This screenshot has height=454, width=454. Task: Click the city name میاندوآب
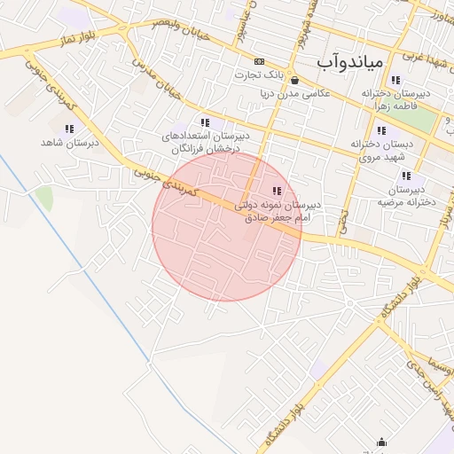coord(350,62)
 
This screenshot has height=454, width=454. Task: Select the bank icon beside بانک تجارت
coord(258,61)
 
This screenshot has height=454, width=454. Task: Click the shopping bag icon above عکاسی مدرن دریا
coord(294,79)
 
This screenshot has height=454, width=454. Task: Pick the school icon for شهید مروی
coord(381,129)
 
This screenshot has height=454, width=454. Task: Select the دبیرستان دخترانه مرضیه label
coord(405,195)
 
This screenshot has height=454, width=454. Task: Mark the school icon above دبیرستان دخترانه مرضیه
coord(405,176)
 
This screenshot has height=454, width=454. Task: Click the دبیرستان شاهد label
coord(69,142)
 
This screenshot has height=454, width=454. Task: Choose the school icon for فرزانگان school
coord(205,122)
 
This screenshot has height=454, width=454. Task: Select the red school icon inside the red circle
coord(277,191)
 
